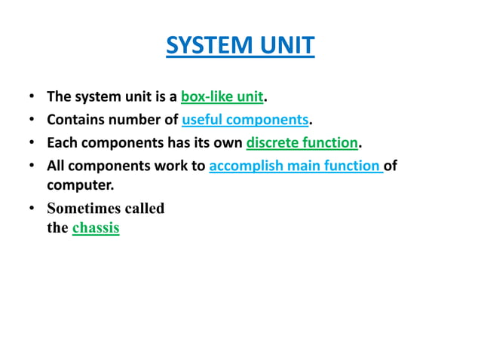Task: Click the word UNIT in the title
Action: [x=285, y=47]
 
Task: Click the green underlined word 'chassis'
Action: [x=96, y=227]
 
